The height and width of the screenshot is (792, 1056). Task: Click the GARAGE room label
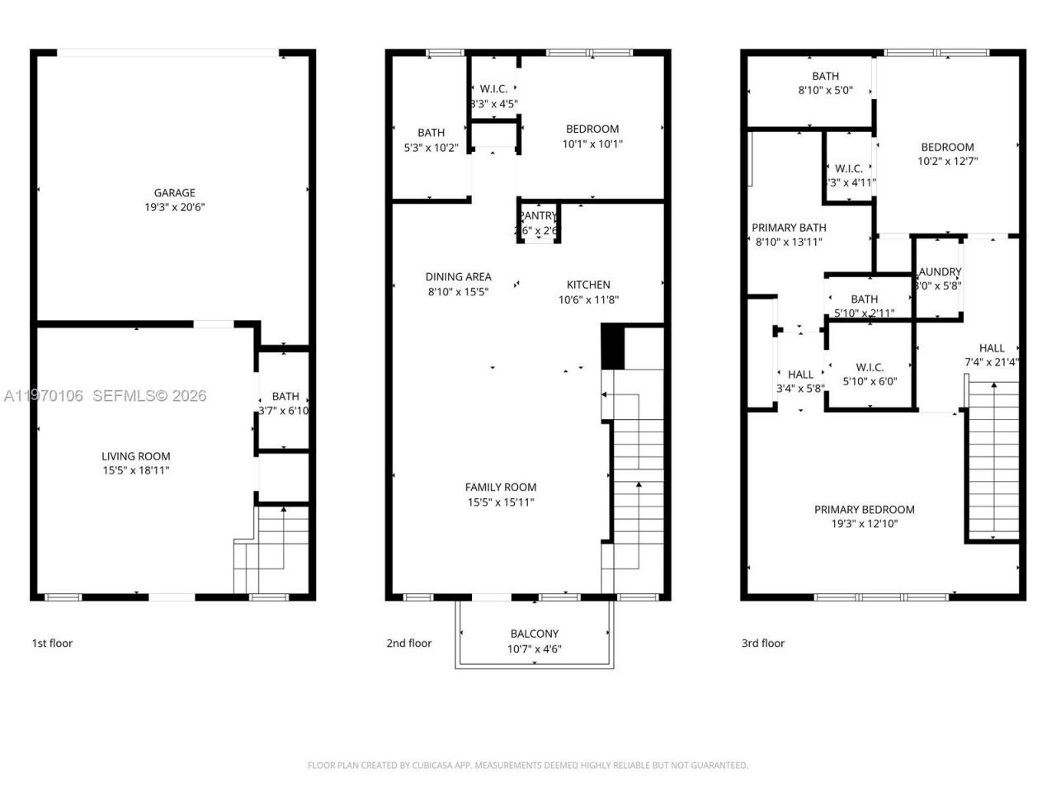point(174,193)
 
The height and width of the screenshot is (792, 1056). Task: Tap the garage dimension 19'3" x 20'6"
point(174,208)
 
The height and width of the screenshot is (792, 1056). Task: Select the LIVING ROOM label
point(136,456)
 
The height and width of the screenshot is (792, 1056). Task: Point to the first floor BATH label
point(285,397)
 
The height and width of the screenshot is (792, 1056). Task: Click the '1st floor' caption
point(52,643)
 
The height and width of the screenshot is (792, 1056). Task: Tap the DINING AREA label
point(458,277)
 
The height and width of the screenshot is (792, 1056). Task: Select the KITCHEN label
point(588,285)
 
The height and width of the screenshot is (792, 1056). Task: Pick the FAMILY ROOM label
point(500,488)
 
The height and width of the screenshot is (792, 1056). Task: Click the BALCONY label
point(534,634)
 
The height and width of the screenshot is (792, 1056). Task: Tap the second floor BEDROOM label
point(592,129)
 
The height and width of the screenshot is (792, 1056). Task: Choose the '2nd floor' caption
point(408,643)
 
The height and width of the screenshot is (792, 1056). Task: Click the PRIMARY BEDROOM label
point(864,510)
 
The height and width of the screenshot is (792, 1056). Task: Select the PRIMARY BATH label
point(789,228)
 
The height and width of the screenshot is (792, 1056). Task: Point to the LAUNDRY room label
point(939,272)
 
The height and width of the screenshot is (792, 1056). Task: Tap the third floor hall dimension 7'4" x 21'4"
point(991,362)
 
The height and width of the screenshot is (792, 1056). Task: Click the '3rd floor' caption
point(762,643)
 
